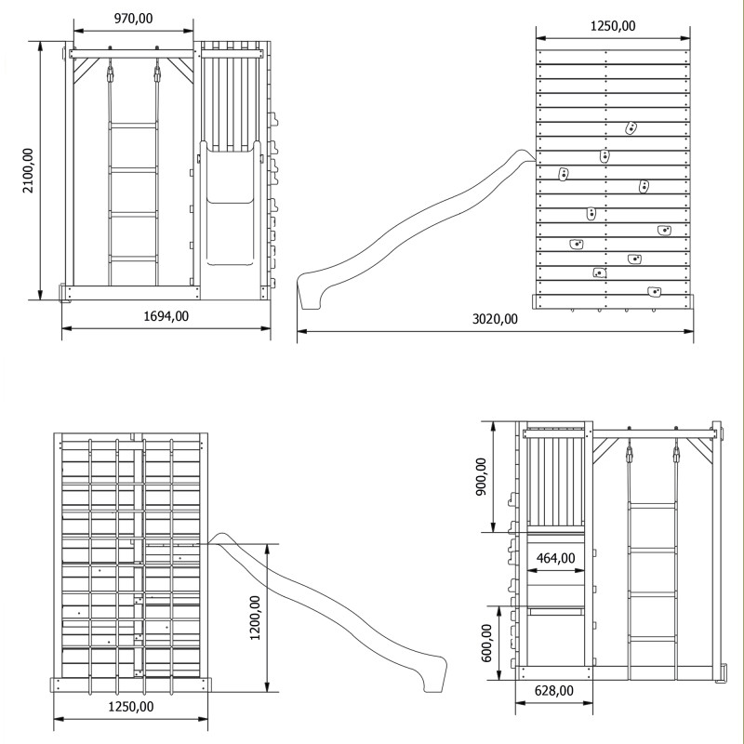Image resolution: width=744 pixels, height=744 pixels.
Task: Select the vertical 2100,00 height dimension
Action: coord(28,170)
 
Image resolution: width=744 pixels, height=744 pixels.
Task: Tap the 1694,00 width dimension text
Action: coord(166,316)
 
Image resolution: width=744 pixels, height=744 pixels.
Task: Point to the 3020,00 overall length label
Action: coord(495,319)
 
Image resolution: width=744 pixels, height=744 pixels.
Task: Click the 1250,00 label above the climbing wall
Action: coord(613,26)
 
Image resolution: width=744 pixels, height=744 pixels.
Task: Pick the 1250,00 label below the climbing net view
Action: coord(131,707)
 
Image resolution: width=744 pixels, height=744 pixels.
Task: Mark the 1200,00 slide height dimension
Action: coord(255,618)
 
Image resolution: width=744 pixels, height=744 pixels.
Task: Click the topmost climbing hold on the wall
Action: coord(631,127)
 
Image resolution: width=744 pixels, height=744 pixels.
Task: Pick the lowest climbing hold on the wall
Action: coord(655,291)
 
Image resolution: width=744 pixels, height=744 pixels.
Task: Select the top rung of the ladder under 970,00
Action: coord(134,125)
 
